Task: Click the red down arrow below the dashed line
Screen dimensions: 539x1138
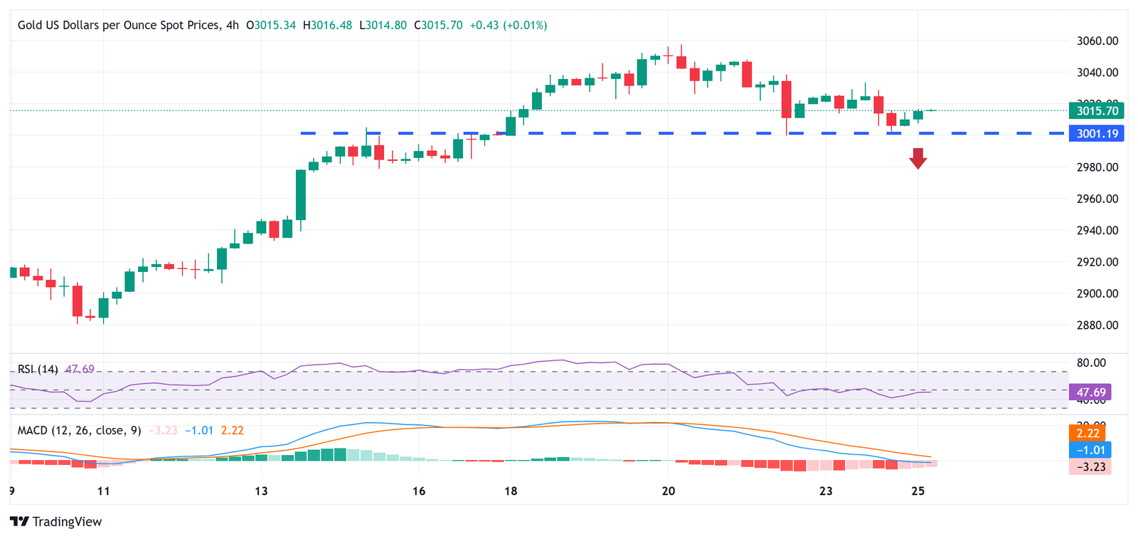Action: coord(918,158)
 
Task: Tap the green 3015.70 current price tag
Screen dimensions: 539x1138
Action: coord(1096,110)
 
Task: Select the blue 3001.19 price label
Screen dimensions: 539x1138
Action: coord(1096,133)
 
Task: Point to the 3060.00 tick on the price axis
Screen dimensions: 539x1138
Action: coord(1097,41)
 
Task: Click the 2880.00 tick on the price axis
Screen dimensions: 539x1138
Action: coord(1097,325)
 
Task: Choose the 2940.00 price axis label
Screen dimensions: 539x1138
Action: coord(1097,230)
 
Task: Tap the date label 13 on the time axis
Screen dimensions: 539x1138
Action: coord(261,491)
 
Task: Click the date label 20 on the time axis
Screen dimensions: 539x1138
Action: coord(668,491)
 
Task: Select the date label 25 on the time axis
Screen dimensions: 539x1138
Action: coord(918,491)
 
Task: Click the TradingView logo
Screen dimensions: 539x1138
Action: coord(56,522)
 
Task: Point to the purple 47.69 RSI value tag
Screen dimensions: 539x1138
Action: coord(1090,392)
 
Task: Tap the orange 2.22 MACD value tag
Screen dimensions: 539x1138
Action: coord(1089,433)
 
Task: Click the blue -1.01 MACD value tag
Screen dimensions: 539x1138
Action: coord(1090,450)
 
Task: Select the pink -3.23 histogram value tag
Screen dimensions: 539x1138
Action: coord(1090,467)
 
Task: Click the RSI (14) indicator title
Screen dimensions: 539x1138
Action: coord(38,369)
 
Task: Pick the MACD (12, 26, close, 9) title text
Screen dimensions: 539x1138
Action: coord(79,430)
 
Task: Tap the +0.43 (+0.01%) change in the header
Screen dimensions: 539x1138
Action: coord(509,25)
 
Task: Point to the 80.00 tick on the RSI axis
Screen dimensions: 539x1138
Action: coord(1091,362)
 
